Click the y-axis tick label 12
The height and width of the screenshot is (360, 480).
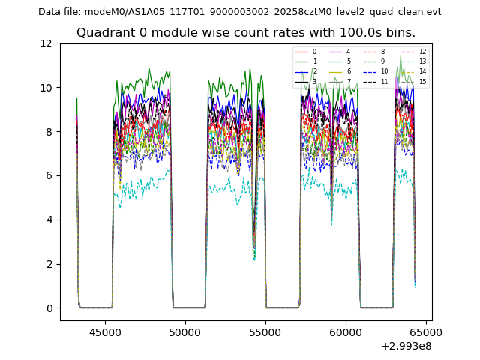click(49, 43)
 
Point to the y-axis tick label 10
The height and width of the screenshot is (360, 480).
click(49, 88)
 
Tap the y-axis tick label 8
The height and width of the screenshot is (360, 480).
click(52, 132)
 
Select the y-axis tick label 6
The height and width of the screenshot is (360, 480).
click(52, 175)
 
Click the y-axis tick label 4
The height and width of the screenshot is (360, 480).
click(52, 220)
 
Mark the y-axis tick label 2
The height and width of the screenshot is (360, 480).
click(52, 264)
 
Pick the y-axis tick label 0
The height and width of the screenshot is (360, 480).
click(52, 308)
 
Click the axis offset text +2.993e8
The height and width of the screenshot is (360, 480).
click(406, 346)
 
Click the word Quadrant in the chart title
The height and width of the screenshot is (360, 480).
click(102, 33)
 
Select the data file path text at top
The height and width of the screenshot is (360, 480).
click(239, 12)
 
